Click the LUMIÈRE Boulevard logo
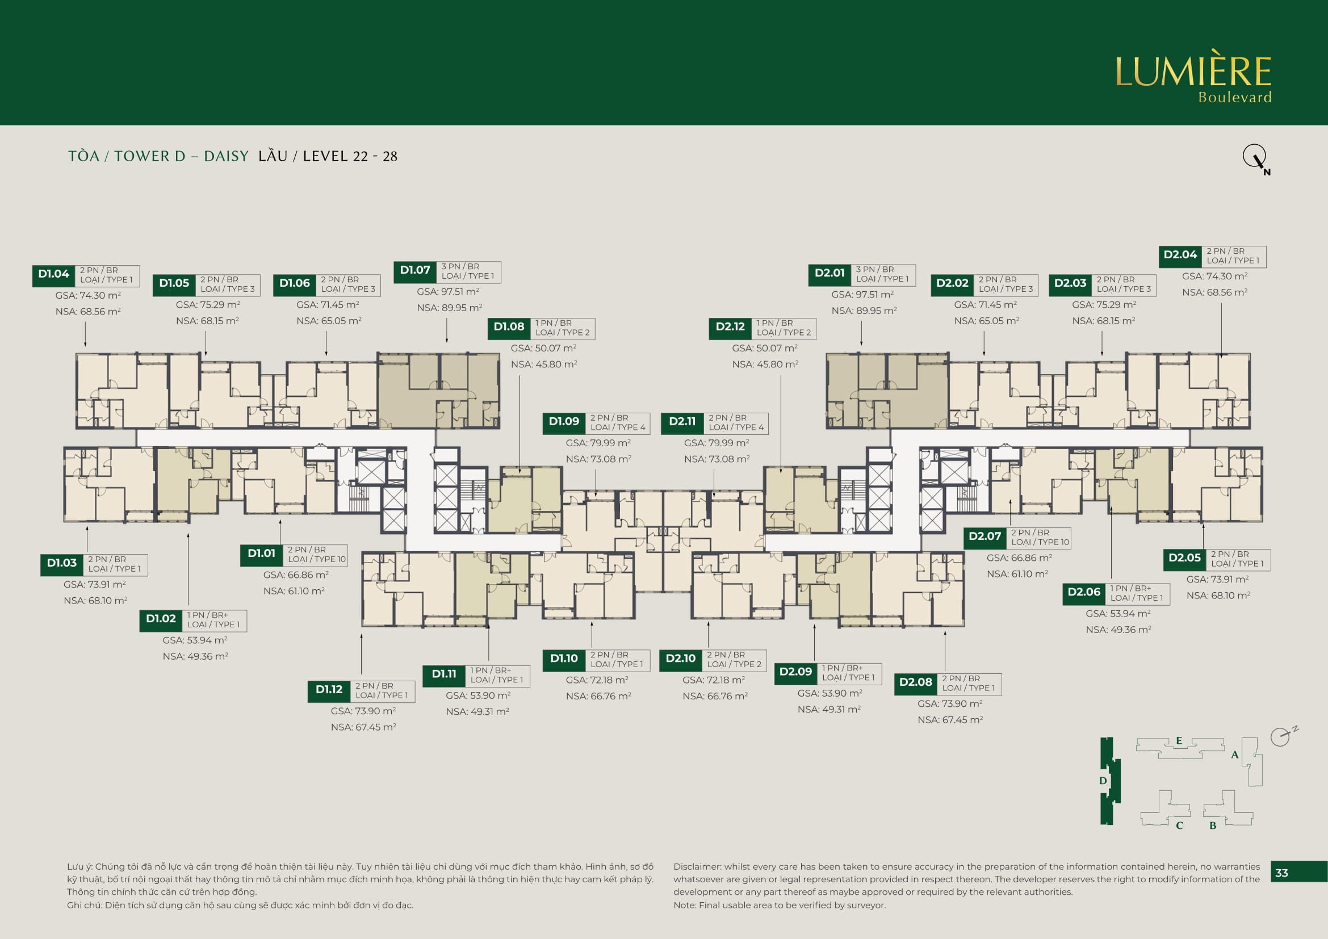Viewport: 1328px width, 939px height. click(1193, 76)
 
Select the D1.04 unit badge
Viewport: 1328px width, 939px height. click(54, 275)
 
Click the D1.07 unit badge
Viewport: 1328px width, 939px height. click(415, 271)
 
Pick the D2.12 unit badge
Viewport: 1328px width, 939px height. click(731, 327)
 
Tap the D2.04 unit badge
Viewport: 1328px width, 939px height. click(1180, 255)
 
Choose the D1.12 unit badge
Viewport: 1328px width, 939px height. click(329, 690)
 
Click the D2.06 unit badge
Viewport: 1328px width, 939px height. click(1084, 593)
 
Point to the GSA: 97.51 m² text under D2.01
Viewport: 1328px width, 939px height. click(862, 295)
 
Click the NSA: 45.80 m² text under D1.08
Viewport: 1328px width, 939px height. click(544, 364)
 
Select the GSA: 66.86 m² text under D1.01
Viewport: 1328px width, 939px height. click(296, 575)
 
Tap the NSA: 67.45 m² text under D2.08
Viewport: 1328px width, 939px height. click(950, 720)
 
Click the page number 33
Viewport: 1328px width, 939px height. click(1282, 873)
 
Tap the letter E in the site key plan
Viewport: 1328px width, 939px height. click(1179, 741)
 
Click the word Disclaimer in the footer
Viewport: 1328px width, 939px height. click(698, 867)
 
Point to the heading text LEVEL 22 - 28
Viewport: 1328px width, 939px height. click(350, 157)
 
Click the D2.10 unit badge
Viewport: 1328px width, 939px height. click(681, 659)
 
